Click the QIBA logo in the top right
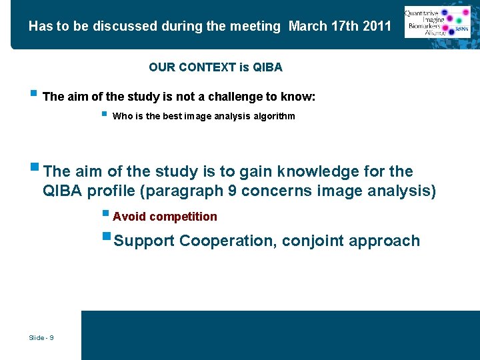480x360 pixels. [438, 22]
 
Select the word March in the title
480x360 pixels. [307, 27]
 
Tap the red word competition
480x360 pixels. [183, 217]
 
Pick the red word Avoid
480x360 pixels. [130, 217]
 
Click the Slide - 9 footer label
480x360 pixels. [41, 338]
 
